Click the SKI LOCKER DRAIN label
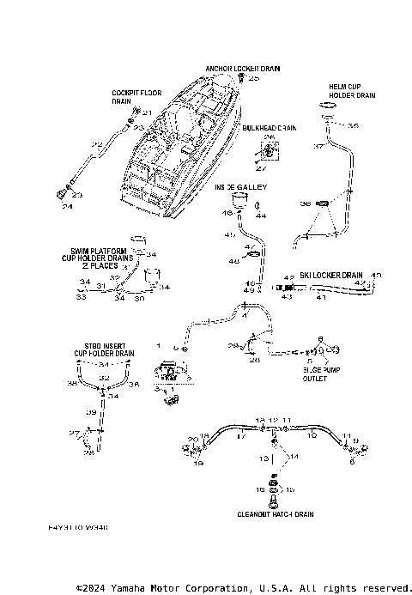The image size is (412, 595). [332, 276]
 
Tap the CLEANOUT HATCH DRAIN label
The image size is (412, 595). [275, 514]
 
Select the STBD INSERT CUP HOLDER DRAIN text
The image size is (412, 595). [102, 349]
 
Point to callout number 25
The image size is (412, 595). [253, 78]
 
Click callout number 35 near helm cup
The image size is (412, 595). [354, 125]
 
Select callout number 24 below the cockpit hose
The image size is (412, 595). [66, 207]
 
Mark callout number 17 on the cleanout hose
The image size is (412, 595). [240, 436]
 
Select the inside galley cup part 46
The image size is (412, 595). [241, 203]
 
